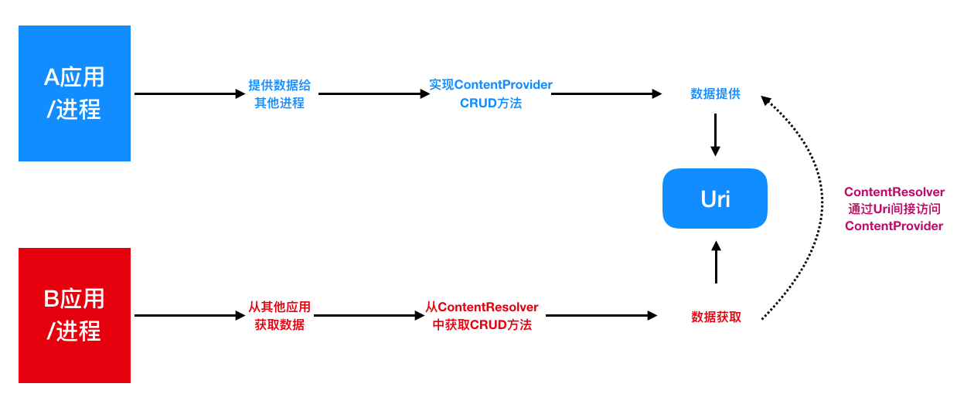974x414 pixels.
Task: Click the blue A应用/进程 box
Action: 74,93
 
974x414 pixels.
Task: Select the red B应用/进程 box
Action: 74,315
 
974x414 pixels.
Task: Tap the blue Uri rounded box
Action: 715,199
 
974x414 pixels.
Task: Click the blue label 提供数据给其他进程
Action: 280,93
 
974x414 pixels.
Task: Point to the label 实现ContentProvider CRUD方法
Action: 491,93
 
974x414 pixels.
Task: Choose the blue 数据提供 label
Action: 715,93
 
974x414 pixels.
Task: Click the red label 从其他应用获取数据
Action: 280,316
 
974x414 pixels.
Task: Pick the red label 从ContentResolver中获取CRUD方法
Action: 482,316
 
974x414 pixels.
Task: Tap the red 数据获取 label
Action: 716,317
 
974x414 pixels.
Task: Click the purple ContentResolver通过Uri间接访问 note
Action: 894,209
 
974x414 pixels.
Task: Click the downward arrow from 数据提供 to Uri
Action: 715,135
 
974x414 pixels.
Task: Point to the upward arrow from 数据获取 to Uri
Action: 716,263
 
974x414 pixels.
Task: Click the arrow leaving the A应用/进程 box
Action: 189,93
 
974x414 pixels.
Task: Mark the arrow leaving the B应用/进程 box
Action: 189,315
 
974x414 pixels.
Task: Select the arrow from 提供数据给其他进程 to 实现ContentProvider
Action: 373,93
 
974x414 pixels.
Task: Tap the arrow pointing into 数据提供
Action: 607,93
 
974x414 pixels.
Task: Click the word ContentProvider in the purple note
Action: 894,226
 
